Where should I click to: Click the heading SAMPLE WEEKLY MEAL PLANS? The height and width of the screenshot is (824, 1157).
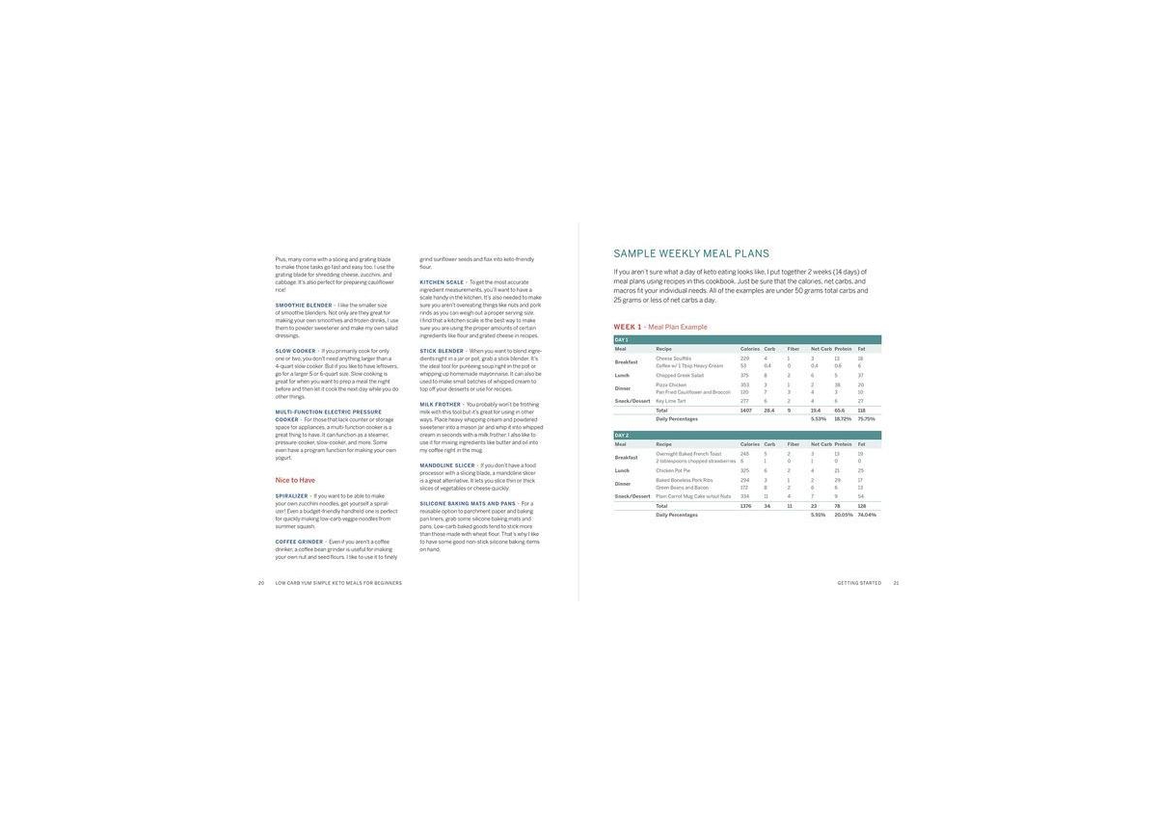tap(691, 253)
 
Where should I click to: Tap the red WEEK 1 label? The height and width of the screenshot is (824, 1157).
tap(628, 327)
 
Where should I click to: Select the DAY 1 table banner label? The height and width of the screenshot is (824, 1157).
tap(621, 339)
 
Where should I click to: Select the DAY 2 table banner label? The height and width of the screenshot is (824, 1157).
tap(621, 436)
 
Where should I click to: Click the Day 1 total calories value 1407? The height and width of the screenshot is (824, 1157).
tap(745, 411)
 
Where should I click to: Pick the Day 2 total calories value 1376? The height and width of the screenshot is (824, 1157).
tap(745, 506)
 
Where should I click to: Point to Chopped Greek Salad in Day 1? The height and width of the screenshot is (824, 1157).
tap(680, 375)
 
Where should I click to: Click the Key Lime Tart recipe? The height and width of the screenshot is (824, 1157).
tap(671, 401)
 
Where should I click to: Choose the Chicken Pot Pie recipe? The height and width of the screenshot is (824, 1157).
tap(673, 470)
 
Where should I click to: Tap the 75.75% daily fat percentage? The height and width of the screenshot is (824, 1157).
tap(866, 419)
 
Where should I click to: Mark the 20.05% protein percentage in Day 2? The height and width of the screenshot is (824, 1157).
tap(843, 515)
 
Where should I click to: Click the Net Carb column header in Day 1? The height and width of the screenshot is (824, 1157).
tap(821, 349)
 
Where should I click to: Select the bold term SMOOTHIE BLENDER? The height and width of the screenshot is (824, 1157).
tap(304, 306)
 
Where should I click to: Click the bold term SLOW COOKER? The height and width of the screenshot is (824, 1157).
tap(296, 351)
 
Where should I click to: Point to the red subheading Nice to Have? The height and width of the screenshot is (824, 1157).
tap(295, 480)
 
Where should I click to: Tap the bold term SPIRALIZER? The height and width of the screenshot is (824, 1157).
tap(292, 496)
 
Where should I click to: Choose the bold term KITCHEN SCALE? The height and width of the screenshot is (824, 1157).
tap(442, 282)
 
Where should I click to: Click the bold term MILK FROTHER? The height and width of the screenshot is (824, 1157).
tap(441, 405)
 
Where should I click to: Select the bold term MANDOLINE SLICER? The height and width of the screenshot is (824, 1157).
tap(447, 465)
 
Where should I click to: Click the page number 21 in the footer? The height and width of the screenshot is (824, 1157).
tap(896, 583)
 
